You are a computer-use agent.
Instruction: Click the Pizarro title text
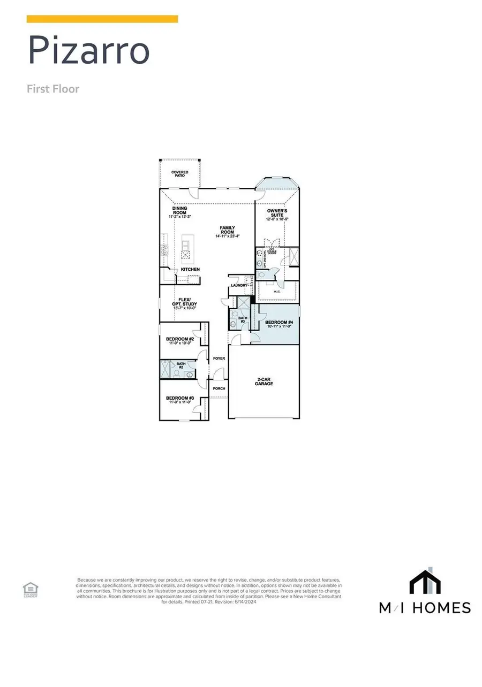(x=88, y=51)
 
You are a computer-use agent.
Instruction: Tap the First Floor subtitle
(x=53, y=89)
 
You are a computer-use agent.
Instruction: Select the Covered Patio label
(x=179, y=174)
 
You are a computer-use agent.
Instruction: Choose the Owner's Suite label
(x=277, y=215)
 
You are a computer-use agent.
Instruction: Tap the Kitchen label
(x=190, y=269)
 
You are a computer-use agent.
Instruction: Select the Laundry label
(x=239, y=286)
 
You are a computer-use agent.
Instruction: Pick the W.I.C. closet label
(x=277, y=292)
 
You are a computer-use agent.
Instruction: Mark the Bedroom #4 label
(x=278, y=323)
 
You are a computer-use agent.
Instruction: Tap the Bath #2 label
(x=180, y=365)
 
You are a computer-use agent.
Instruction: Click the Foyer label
(x=219, y=358)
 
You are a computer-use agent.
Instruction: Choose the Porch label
(x=219, y=388)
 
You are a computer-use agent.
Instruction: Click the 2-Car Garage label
(x=263, y=381)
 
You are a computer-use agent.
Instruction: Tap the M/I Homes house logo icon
(x=425, y=582)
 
